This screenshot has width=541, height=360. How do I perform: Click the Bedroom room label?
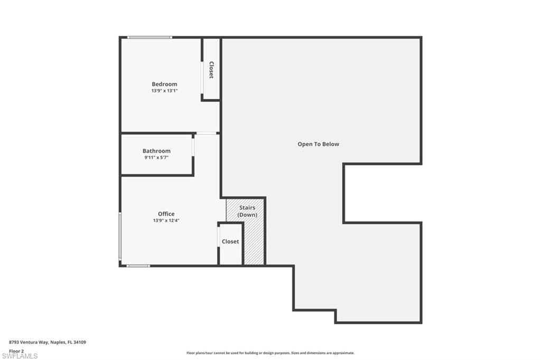[x=164, y=84]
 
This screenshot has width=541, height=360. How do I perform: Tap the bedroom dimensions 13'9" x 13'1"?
[x=164, y=91]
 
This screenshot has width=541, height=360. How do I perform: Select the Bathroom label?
[x=156, y=150]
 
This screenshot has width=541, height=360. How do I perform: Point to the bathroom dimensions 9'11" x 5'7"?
[x=156, y=158]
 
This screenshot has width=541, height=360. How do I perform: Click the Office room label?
[x=166, y=214]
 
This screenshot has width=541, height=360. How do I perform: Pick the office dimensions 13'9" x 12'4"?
[x=166, y=220]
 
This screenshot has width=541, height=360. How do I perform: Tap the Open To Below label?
[x=318, y=144]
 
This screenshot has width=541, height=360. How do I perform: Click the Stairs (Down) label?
[x=247, y=211]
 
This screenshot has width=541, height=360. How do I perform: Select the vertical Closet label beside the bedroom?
[x=211, y=70]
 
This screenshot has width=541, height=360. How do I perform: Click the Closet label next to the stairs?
[x=230, y=241]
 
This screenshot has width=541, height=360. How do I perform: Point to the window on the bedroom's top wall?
[x=150, y=37]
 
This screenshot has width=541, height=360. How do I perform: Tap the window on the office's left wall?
[x=120, y=236]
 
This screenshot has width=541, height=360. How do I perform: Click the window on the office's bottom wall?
[x=138, y=266]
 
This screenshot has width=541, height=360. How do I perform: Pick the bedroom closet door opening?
[x=202, y=78]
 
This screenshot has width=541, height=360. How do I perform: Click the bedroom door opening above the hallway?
[x=207, y=133]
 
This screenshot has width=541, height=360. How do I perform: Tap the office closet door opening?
[x=219, y=237]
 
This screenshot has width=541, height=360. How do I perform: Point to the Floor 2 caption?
[x=16, y=351]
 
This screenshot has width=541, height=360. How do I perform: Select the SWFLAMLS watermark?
[x=20, y=356]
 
